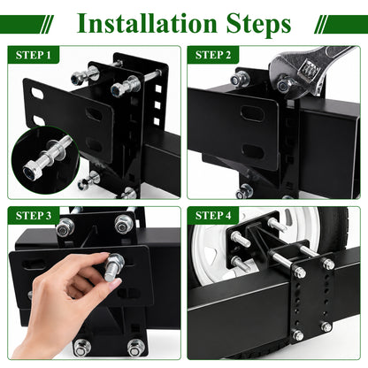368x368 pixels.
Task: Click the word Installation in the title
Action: [x=147, y=23]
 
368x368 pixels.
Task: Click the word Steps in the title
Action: [x=258, y=25]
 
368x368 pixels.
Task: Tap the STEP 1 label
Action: [x=34, y=55]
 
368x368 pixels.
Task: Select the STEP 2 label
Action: [x=213, y=55]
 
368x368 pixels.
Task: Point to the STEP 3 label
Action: [x=34, y=216]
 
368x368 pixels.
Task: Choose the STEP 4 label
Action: [x=213, y=216]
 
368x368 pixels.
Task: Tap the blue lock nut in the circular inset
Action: [x=30, y=172]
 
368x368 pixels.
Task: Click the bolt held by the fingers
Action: [x=113, y=267]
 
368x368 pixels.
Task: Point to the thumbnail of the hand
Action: [x=114, y=284]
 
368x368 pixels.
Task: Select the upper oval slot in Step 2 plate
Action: [x=251, y=112]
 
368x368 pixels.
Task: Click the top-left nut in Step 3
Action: [x=65, y=227]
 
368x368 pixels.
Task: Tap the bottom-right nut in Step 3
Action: [x=136, y=348]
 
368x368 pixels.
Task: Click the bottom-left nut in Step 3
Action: [x=81, y=348]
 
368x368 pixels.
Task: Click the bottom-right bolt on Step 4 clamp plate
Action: [x=326, y=326]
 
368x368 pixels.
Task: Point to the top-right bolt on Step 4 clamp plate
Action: [x=328, y=264]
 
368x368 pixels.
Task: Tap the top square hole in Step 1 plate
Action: [x=158, y=88]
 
